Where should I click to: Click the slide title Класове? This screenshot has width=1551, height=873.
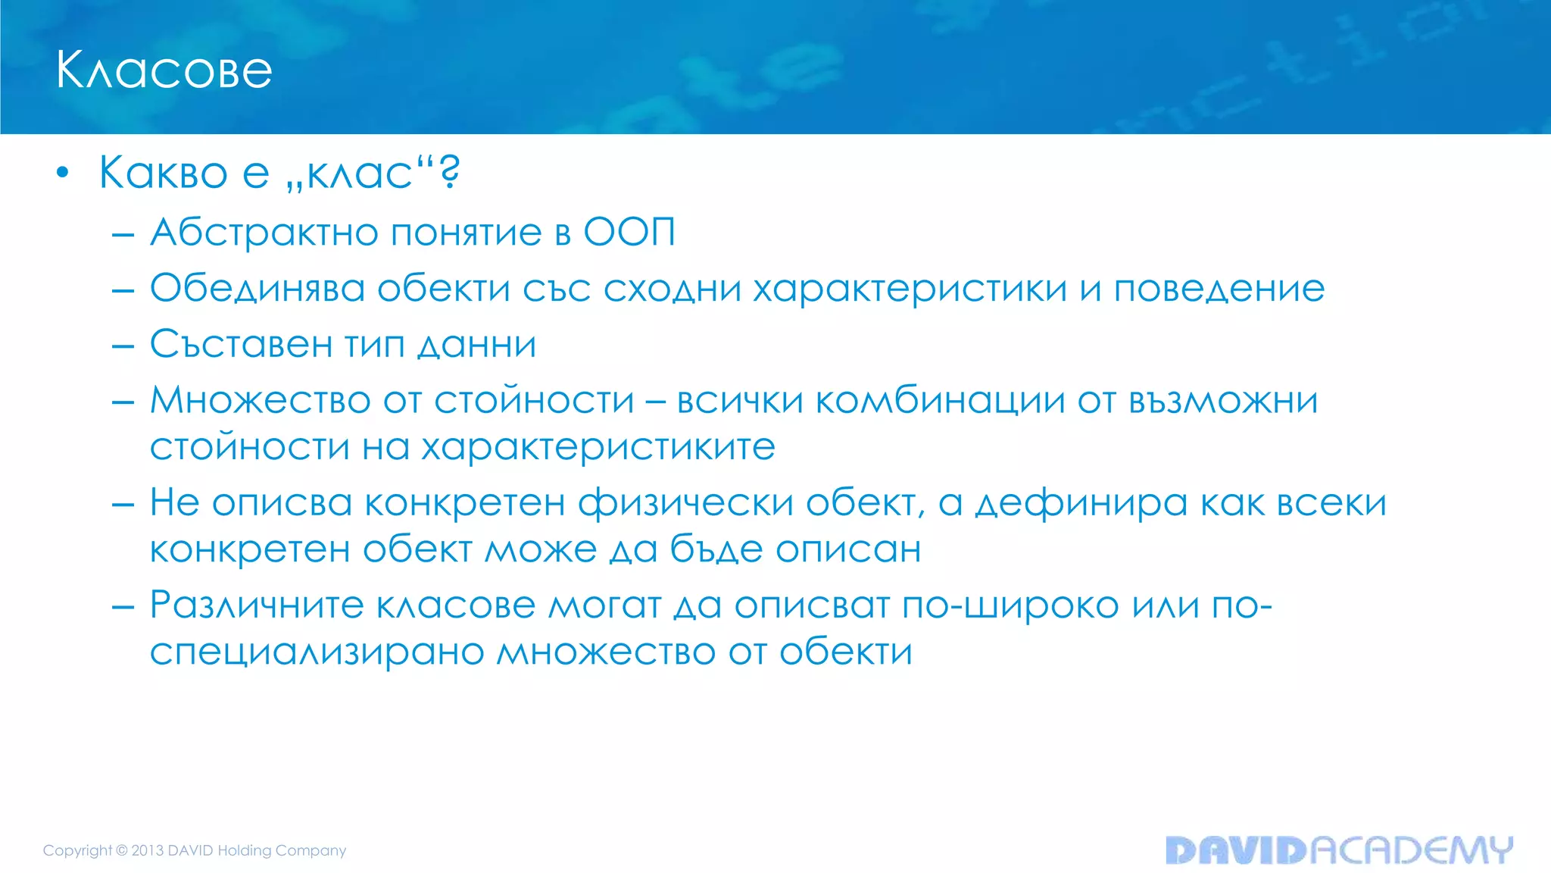pyautogui.click(x=164, y=70)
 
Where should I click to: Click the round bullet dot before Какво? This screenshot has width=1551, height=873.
pyautogui.click(x=63, y=173)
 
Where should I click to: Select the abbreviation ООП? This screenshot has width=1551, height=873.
pyautogui.click(x=629, y=232)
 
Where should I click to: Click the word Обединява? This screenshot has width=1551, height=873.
pyautogui.click(x=257, y=289)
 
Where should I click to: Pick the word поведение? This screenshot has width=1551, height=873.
pyautogui.click(x=1219, y=289)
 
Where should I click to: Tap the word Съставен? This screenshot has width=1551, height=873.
pyautogui.click(x=242, y=345)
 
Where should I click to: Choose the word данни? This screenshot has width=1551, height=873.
pyautogui.click(x=477, y=345)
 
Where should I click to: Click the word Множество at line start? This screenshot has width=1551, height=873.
pyautogui.click(x=260, y=400)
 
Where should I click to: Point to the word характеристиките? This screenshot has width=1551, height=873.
pyautogui.click(x=598, y=447)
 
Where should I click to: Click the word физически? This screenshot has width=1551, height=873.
pyautogui.click(x=685, y=503)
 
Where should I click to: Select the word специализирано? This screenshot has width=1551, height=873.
pyautogui.click(x=317, y=652)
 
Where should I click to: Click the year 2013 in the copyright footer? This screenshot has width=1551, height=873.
pyautogui.click(x=148, y=850)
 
